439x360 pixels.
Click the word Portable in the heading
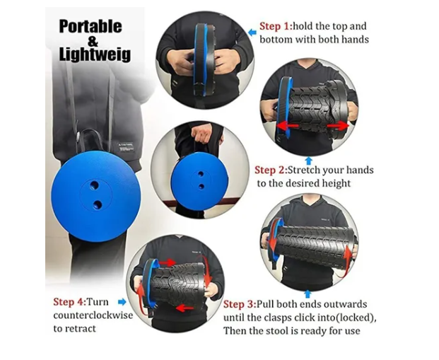coord(90,27)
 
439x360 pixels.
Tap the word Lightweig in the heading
coord(95,54)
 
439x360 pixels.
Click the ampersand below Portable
coord(93,41)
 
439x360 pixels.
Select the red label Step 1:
coord(276,26)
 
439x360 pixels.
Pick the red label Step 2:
coord(271,170)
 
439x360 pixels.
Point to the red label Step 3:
coord(240,304)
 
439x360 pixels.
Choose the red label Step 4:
coord(70,302)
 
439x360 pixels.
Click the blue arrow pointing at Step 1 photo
coord(252,33)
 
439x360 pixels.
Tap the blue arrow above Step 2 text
coord(308,161)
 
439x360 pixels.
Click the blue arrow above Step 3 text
coord(308,294)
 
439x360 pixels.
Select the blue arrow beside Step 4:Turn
coord(122,302)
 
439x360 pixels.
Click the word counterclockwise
coord(93,315)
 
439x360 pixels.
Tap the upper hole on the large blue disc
coord(94,185)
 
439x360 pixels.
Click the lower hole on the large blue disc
coord(98,205)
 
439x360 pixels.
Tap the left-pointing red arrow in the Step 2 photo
coord(288,125)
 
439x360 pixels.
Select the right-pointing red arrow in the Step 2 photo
coord(338,126)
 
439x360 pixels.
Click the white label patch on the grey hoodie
coord(126,147)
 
